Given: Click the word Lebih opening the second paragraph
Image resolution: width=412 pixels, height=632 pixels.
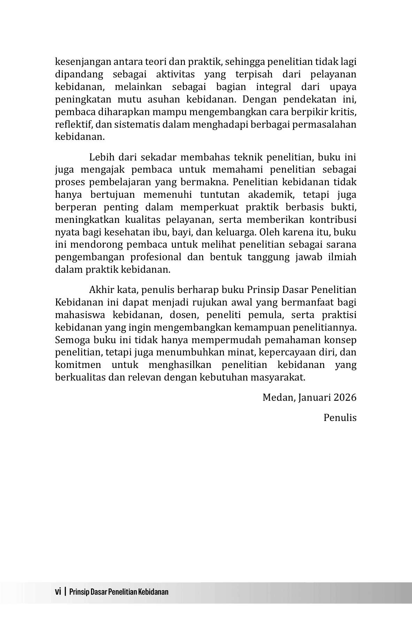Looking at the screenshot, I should [100, 157].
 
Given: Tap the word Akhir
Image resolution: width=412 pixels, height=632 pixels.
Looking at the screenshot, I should [100, 290].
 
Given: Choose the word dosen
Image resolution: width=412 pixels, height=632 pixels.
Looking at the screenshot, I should [183, 315].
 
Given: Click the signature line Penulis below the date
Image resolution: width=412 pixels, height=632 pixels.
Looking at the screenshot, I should [340, 417].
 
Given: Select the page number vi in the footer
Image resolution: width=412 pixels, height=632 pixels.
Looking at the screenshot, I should [58, 592].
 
